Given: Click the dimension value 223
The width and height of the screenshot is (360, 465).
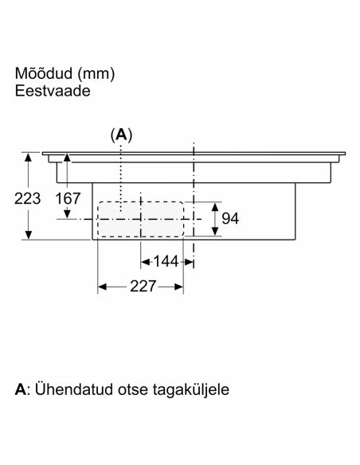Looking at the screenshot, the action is tap(27, 199).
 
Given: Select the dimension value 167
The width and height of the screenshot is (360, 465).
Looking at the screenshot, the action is tap(68, 198).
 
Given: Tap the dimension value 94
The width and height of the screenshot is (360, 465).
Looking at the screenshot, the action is tap(230, 218).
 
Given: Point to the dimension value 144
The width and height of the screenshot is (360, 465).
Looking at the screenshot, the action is tap(166, 261).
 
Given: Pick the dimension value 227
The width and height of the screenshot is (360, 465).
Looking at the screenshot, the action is tap(143, 286).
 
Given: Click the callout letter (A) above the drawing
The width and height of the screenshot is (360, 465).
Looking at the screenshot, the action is tap(121, 135).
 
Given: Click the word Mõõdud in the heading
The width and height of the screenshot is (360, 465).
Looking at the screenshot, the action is tap(44, 73).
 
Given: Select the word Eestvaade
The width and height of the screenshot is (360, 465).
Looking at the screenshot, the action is tap(53, 91).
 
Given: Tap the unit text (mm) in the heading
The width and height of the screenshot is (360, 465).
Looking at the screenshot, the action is tap(96, 74).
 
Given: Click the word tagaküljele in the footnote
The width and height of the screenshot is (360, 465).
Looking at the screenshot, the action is tap(191, 389).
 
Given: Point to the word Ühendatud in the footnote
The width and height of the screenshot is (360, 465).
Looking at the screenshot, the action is tap(74, 389).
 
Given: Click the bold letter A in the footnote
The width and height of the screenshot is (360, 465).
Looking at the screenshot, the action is tap(21, 389).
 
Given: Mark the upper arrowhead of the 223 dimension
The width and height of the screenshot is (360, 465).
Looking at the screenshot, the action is tap(28, 157).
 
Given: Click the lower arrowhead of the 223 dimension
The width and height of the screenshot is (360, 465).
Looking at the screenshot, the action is tap(28, 235).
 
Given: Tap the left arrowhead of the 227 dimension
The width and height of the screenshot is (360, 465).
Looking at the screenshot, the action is tap(102, 287).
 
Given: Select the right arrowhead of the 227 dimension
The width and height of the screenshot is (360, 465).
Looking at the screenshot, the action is tap(179, 287).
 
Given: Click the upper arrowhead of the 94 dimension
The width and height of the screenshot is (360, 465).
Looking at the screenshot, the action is tap(215, 207).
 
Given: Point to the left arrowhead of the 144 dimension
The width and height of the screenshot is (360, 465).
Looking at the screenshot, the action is tap(145, 262).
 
